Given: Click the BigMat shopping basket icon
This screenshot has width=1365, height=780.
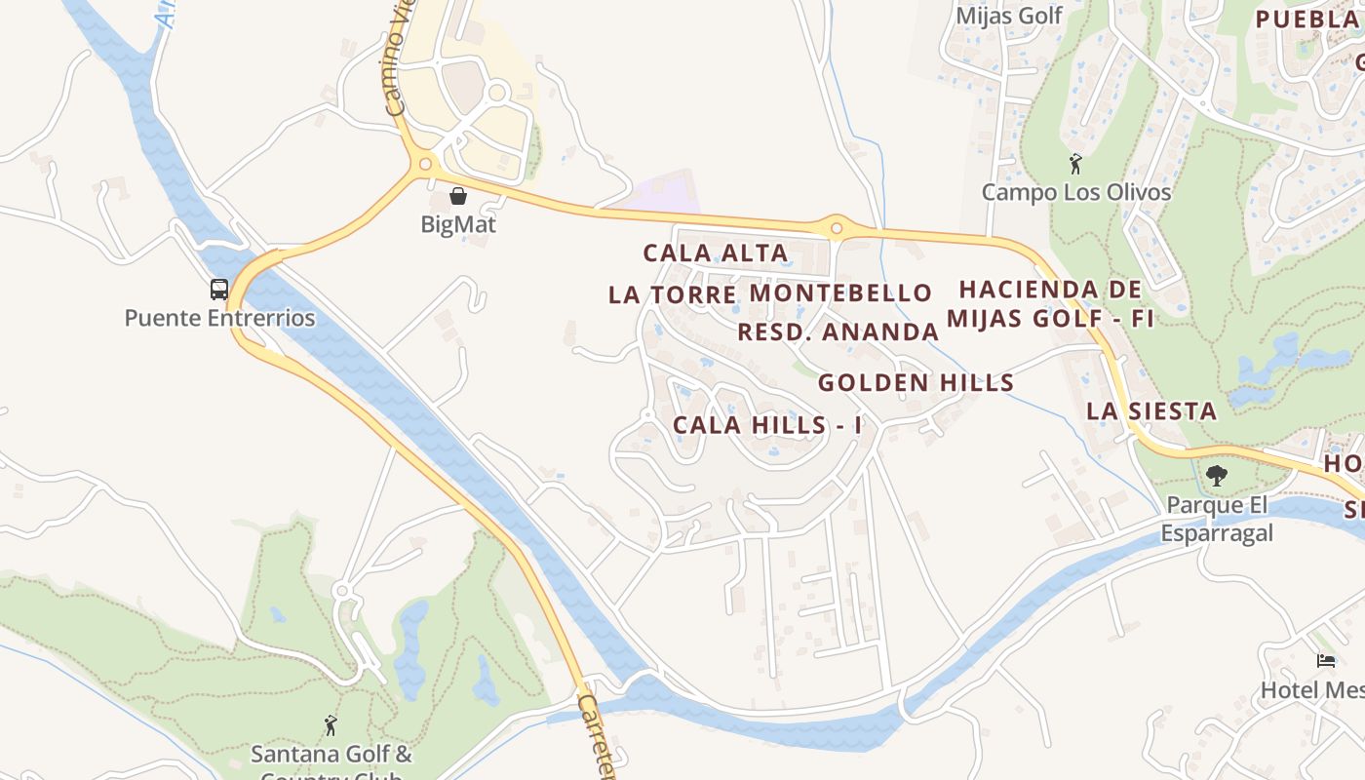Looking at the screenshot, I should click(x=458, y=196).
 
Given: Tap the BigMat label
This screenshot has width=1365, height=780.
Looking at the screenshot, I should click(x=458, y=224).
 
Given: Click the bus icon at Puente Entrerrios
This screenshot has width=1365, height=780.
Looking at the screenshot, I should click(x=219, y=290).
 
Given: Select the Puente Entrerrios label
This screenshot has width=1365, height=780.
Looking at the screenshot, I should click(x=219, y=318).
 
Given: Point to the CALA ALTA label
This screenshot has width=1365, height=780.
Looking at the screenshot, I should click(x=716, y=253).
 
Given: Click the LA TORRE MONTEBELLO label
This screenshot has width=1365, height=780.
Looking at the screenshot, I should click(x=770, y=293).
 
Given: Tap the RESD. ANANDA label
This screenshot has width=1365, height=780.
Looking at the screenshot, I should click(x=838, y=332).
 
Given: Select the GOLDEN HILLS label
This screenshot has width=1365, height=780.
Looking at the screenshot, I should click(x=916, y=383).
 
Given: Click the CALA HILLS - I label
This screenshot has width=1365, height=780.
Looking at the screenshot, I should click(x=767, y=426).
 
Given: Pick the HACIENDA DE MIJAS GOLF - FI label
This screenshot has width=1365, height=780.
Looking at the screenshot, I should click(x=1050, y=304).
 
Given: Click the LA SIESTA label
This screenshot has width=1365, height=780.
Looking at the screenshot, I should click(x=1151, y=411).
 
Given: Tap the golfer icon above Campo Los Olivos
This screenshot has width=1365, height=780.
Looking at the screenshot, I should click(x=1075, y=163).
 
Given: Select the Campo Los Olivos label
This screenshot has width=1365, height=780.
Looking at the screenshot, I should click(x=1075, y=192).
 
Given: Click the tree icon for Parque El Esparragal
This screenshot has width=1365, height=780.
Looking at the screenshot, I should click(x=1216, y=476).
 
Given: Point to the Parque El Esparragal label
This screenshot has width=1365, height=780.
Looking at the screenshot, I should click(x=1217, y=519).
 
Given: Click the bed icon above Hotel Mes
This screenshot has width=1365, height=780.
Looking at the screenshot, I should click(x=1326, y=661).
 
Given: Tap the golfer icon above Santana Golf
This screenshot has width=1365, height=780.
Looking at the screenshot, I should click(x=331, y=725).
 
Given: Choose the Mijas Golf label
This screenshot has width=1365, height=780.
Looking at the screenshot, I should click(x=1008, y=16).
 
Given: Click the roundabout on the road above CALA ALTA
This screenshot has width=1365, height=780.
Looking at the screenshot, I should click(x=836, y=228).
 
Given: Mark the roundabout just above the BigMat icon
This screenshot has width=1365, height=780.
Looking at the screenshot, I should click(x=425, y=165).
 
